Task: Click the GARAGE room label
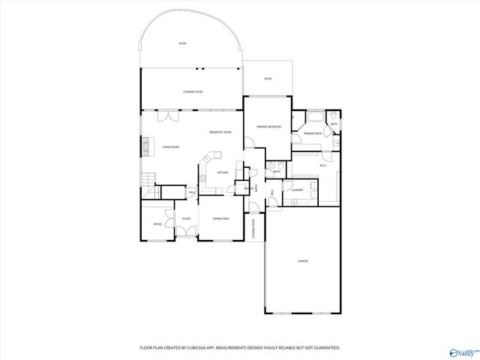(x=303, y=260)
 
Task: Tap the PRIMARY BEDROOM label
(x=268, y=127)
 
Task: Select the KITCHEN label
(x=223, y=172)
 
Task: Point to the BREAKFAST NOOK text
(x=220, y=132)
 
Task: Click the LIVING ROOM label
(x=170, y=147)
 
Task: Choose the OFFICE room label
(x=157, y=223)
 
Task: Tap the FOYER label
(x=185, y=218)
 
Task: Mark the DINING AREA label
(x=220, y=218)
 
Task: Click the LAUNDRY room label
(x=297, y=190)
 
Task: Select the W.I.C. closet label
(x=323, y=165)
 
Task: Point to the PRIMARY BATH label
(x=313, y=133)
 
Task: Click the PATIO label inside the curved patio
(x=182, y=43)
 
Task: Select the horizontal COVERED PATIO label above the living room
(x=193, y=91)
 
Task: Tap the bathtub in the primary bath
(x=315, y=117)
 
